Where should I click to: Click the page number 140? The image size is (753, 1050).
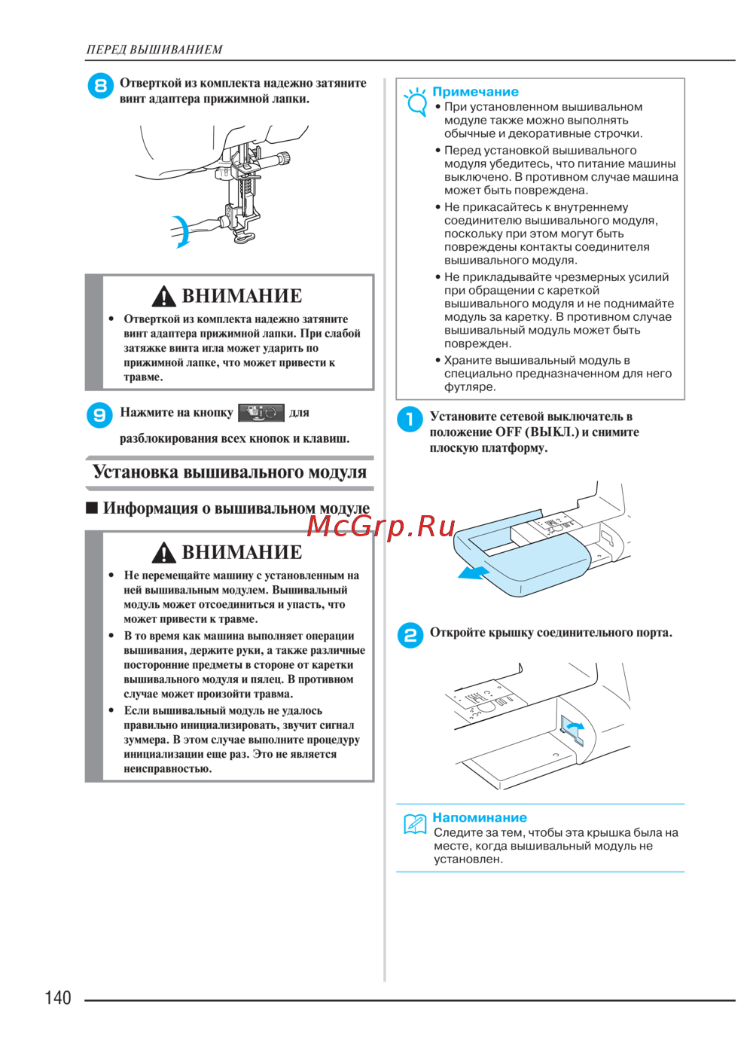(58, 998)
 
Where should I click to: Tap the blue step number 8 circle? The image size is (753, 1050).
(100, 86)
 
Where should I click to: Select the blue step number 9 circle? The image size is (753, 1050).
(99, 414)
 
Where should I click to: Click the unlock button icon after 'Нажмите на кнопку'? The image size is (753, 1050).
(261, 413)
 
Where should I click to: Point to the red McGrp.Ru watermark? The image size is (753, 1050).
(381, 526)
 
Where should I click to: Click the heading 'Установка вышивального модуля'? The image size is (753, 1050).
(229, 473)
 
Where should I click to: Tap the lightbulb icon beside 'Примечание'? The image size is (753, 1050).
(416, 101)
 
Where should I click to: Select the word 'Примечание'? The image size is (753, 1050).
(475, 92)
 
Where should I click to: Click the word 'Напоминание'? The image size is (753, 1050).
(479, 818)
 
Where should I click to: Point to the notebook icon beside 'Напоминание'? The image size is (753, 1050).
(415, 824)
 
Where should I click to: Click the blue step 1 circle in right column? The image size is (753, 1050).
(410, 420)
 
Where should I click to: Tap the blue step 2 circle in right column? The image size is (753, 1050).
(410, 635)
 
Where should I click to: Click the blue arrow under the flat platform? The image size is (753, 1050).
(474, 573)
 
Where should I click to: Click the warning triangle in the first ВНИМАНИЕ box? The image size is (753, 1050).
(163, 297)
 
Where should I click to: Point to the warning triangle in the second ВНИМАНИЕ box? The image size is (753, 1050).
(163, 553)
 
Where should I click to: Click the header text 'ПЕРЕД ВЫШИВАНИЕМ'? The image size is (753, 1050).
(154, 50)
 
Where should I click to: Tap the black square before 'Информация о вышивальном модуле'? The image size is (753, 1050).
(92, 508)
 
